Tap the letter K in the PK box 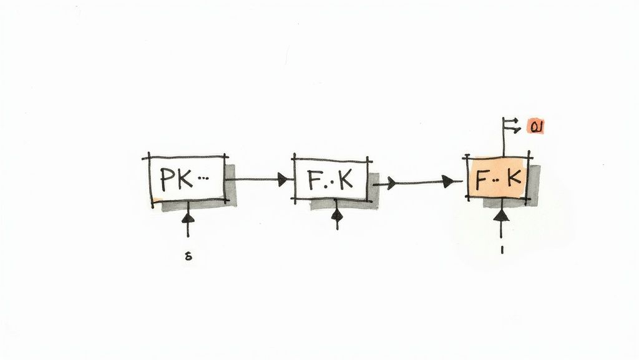coord(185,179)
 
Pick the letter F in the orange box coord(482,180)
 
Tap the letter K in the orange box coord(514,179)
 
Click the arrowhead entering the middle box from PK coord(285,179)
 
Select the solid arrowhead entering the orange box coord(448,182)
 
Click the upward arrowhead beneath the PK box coord(187,218)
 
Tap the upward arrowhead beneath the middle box coord(337,216)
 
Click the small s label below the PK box coord(188,256)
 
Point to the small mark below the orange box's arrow coord(502,249)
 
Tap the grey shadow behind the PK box coord(231,187)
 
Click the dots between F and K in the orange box coord(497,180)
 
